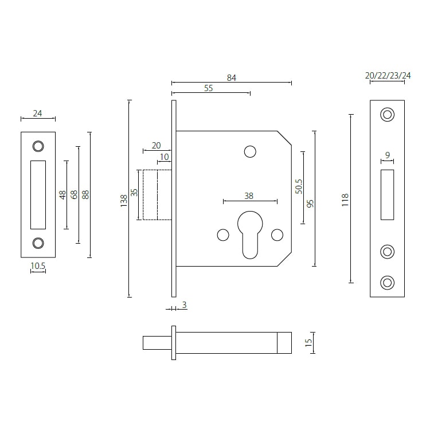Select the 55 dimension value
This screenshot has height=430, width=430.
pyautogui.click(x=209, y=88)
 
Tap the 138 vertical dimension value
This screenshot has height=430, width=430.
pyautogui.click(x=124, y=200)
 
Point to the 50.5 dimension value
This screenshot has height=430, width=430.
pyautogui.click(x=298, y=186)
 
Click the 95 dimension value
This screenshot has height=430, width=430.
pyautogui.click(x=310, y=203)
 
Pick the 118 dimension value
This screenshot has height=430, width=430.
pyautogui.click(x=345, y=200)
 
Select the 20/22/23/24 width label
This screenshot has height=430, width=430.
pyautogui.click(x=388, y=76)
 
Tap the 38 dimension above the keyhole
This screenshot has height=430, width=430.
pyautogui.click(x=249, y=196)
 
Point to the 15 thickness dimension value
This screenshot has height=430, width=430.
pyautogui.click(x=308, y=343)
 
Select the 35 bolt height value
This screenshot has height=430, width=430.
pyautogui.click(x=134, y=193)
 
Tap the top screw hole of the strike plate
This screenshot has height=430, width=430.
pyautogui.click(x=38, y=146)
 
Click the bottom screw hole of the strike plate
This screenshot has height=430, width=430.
pyautogui.click(x=38, y=243)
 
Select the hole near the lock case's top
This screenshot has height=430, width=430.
pyautogui.click(x=250, y=151)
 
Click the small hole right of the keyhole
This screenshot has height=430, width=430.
pyautogui.click(x=277, y=234)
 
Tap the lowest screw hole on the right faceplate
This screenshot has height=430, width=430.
pyautogui.click(x=388, y=282)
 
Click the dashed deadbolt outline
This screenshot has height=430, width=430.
pyautogui.click(x=150, y=195)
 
